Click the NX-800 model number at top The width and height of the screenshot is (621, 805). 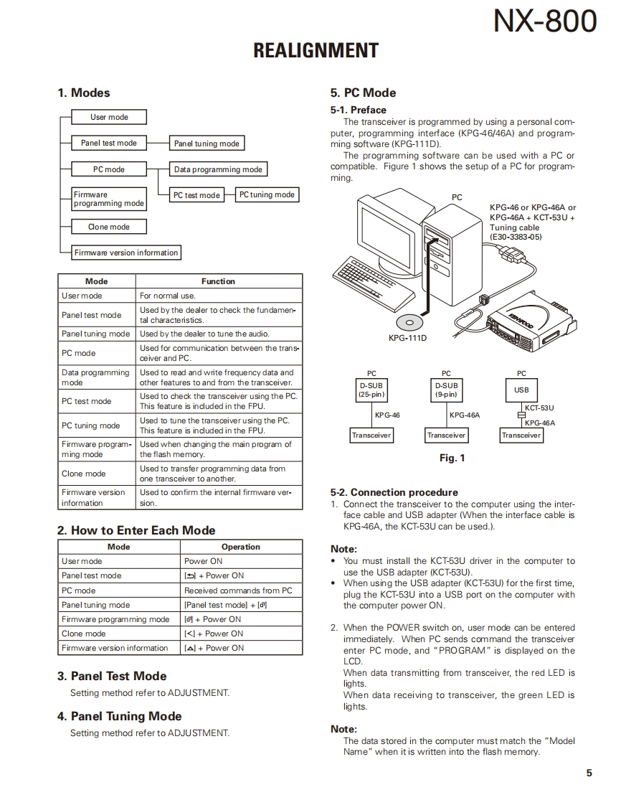coord(544,22)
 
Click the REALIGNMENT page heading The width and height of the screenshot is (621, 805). coord(316,51)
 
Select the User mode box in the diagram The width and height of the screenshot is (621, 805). coord(109,117)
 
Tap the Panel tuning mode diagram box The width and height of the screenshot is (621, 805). coord(207,143)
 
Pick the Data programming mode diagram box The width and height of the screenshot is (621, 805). coord(218,169)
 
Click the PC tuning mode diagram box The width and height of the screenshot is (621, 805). coord(267,194)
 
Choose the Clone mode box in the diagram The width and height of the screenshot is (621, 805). coord(109,227)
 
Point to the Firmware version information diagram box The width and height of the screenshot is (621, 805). coord(125,253)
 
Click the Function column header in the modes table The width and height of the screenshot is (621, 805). coord(218,281)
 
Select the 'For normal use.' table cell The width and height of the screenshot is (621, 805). coord(168,296)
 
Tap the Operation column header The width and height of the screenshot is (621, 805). coord(241,547)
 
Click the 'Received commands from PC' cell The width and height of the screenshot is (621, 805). coord(238,590)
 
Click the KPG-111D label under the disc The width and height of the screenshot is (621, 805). coord(408,337)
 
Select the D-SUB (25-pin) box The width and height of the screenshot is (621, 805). coord(371,390)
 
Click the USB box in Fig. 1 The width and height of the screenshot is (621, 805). coord(521,390)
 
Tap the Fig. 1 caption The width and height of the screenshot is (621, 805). coord(452,458)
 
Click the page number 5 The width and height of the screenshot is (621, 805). coord(589,773)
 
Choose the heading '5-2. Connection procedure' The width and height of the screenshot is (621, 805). coord(394,492)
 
